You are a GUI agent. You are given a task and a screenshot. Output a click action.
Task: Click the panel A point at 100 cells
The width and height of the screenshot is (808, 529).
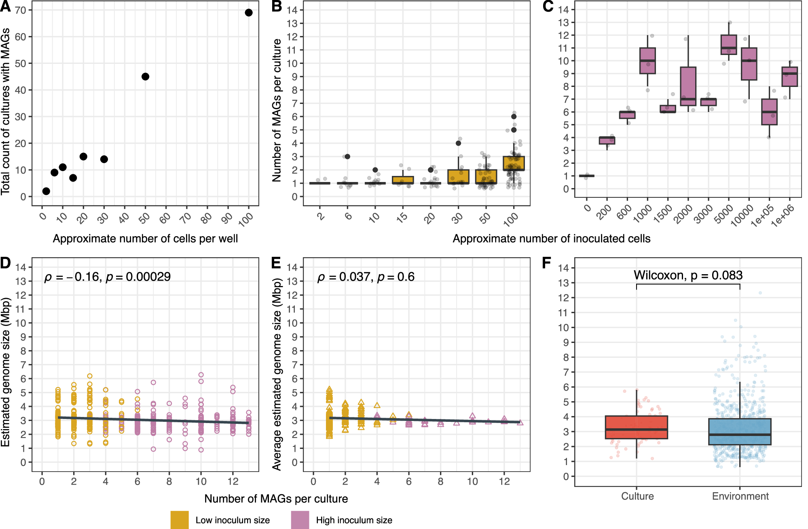[249, 13]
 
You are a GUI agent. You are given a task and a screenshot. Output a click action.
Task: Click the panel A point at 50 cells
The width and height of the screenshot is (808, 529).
[146, 76]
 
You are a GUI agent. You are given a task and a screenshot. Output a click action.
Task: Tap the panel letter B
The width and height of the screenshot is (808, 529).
[277, 7]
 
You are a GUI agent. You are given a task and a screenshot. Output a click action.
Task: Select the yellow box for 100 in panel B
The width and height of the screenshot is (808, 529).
[514, 163]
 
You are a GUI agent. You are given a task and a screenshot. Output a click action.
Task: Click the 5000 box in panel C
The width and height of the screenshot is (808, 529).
[729, 44]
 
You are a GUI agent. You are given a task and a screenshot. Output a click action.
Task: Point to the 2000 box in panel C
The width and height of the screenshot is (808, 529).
[688, 86]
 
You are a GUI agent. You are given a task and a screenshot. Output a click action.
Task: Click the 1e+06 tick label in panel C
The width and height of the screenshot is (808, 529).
[783, 216]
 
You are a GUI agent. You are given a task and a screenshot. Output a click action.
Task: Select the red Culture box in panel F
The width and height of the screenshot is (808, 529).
[637, 427]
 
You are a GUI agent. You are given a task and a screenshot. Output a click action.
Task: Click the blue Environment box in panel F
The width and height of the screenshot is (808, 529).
[740, 432]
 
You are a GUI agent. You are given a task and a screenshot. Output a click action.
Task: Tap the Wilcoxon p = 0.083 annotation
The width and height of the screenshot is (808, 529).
[688, 275]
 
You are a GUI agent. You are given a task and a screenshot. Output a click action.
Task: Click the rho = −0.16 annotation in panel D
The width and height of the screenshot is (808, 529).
[107, 277]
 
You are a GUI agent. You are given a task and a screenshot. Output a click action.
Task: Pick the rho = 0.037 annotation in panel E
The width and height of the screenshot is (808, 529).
[366, 277]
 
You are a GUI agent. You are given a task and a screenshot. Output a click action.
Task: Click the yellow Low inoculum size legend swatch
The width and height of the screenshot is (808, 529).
[180, 520]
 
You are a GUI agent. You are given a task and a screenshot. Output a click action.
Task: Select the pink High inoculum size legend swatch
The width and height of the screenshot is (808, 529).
[300, 520]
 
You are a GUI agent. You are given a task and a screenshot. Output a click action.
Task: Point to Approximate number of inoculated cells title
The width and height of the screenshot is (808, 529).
[551, 239]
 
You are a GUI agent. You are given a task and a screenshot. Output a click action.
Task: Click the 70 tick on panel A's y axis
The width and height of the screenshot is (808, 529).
[21, 10]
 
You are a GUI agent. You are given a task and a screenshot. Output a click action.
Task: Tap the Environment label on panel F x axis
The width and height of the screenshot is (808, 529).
[740, 496]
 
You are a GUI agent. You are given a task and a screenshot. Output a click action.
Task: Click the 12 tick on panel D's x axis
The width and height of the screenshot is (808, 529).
[233, 481]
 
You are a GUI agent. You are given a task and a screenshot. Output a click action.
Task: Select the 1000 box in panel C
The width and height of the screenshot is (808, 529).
[647, 61]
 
